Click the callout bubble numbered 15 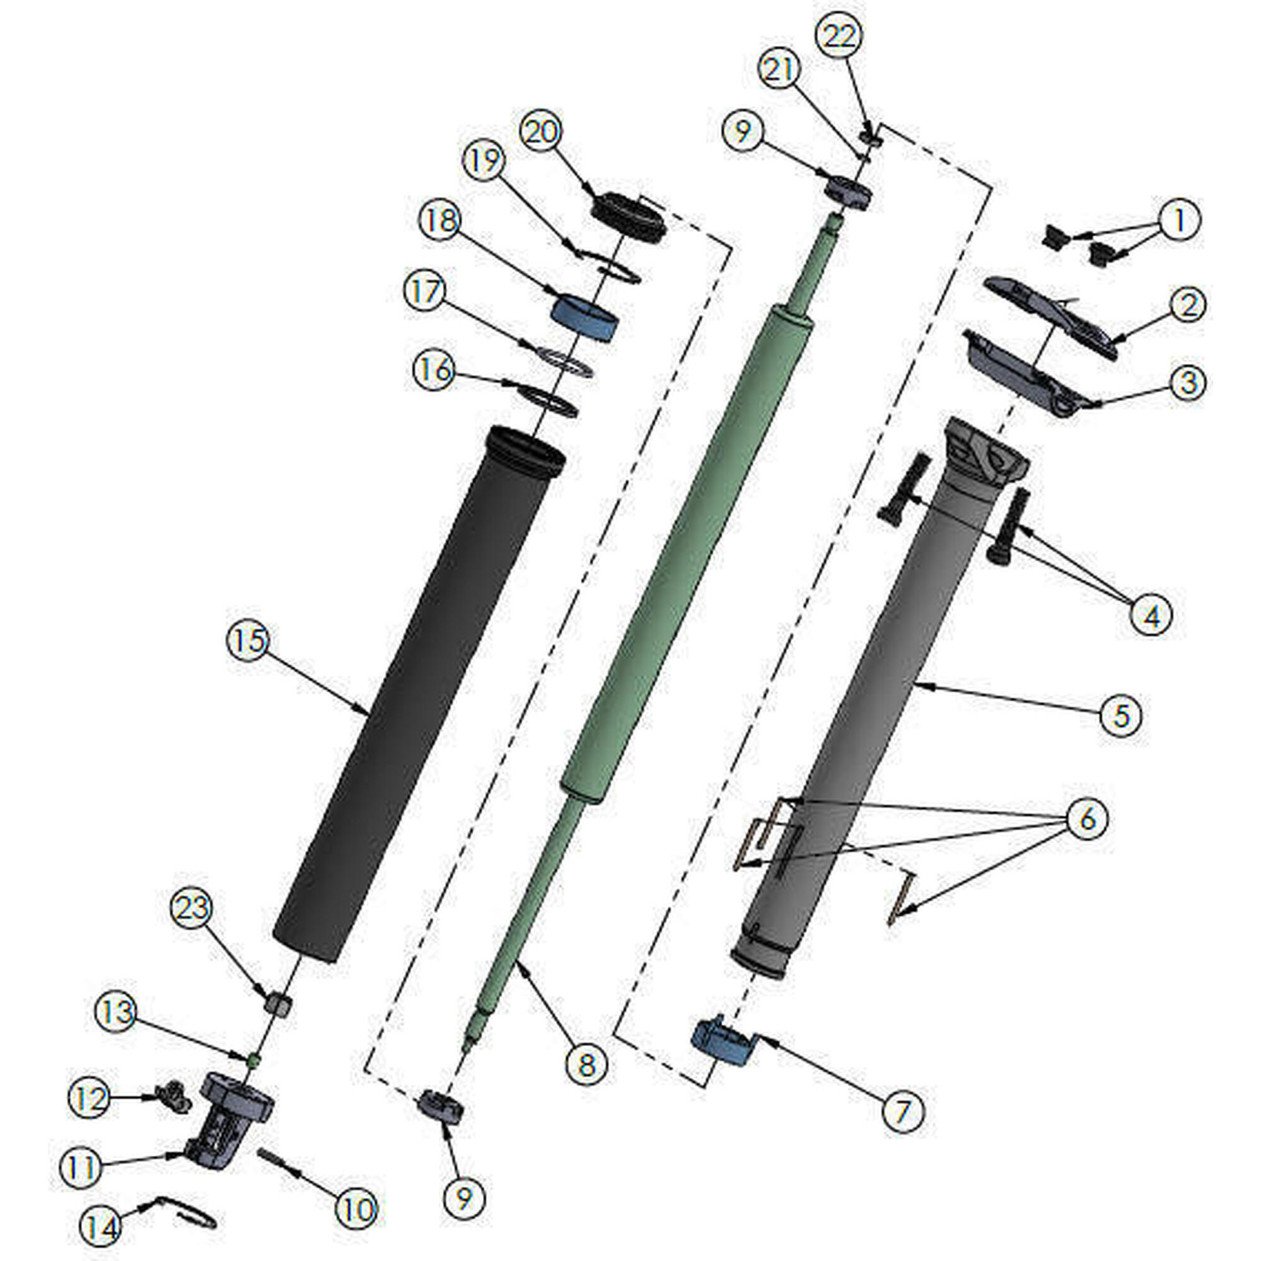click(247, 641)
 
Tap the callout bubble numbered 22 click(840, 37)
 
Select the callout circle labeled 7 click(903, 1110)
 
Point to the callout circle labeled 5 click(1120, 716)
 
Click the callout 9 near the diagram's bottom click(463, 1197)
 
